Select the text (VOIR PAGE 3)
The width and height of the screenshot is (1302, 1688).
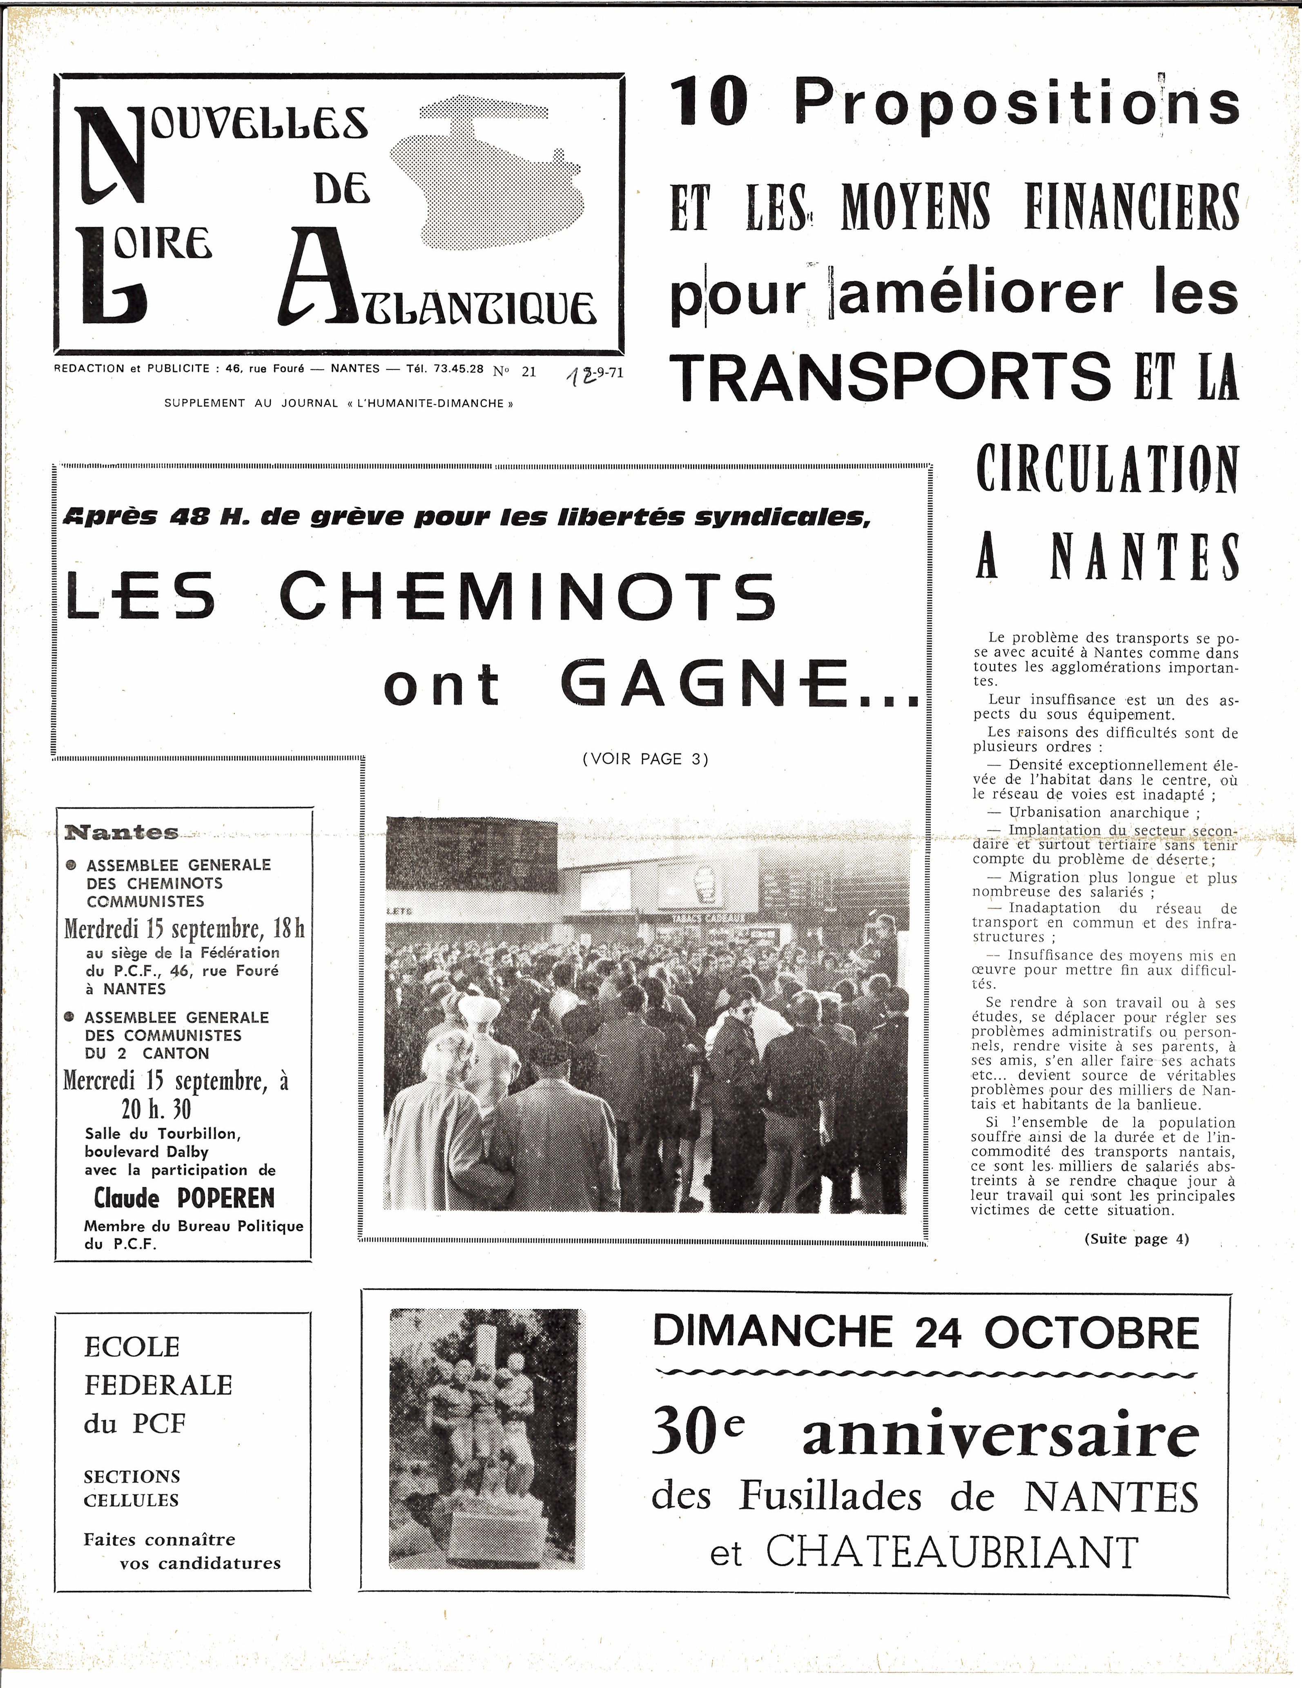[645, 759]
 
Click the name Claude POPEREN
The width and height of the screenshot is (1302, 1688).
[184, 1198]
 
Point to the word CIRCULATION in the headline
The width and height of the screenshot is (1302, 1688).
[1106, 469]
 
